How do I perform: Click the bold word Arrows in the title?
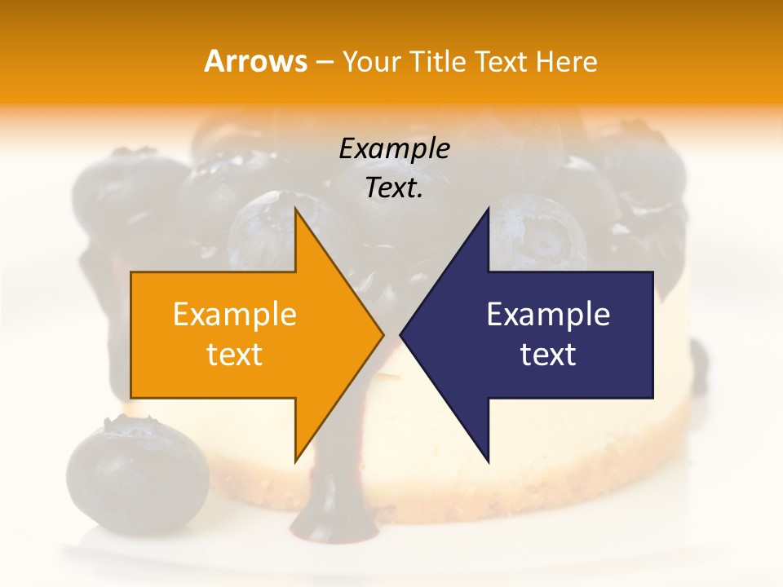[255, 61]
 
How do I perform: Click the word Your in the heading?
[371, 62]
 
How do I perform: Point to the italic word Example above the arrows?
[394, 149]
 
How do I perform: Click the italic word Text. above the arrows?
[394, 188]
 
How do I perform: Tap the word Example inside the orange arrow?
[235, 315]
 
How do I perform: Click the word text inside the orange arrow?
[235, 355]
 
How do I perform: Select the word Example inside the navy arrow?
[548, 315]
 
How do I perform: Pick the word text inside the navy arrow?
[548, 355]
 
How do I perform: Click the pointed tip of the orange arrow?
[383, 334]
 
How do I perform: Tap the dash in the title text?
[324, 62]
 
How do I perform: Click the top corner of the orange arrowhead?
[296, 209]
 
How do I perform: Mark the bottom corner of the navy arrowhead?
[488, 461]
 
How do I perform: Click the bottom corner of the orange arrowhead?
[296, 461]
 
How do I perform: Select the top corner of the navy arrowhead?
[488, 209]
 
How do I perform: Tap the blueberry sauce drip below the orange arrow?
[325, 497]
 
